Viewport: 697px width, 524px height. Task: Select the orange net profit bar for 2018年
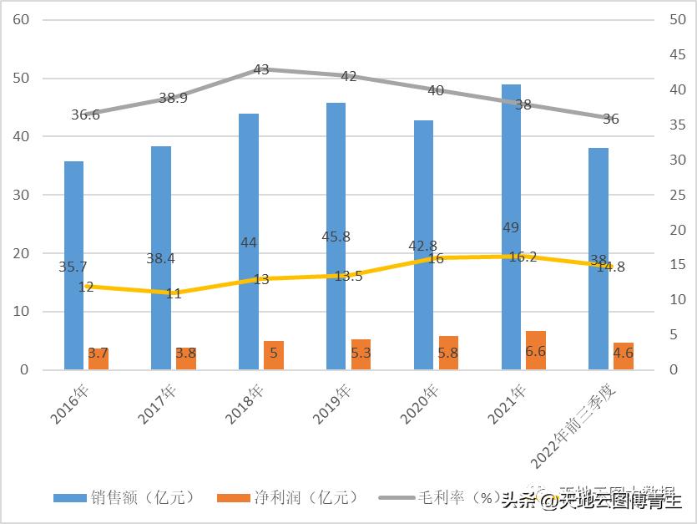point(274,355)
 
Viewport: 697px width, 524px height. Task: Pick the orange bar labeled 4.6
point(624,356)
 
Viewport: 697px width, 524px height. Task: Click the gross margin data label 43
point(261,70)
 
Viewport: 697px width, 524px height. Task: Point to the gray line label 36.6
point(85,115)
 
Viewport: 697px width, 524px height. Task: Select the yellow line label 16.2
point(523,257)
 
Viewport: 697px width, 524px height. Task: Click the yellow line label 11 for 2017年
point(174,293)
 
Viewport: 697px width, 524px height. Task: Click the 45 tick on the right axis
point(679,54)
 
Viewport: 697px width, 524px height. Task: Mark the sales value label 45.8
point(336,237)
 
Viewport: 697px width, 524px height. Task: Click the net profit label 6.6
point(535,352)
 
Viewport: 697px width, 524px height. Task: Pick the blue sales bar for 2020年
point(423,242)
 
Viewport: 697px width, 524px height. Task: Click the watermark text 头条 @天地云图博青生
point(592,501)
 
